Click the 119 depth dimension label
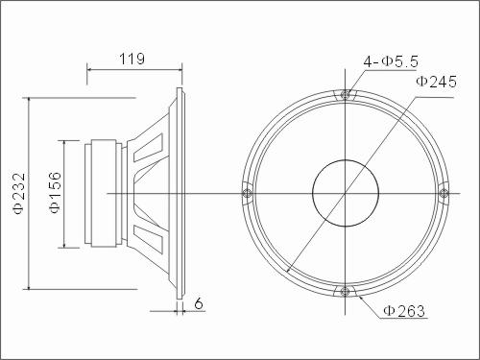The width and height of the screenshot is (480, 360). (x=132, y=59)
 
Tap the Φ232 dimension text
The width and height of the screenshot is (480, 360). (x=19, y=194)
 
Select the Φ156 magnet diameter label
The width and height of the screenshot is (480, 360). (x=55, y=192)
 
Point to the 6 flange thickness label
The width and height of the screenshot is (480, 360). (x=199, y=303)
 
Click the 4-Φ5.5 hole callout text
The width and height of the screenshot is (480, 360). (x=391, y=61)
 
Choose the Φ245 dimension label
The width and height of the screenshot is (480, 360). (x=436, y=82)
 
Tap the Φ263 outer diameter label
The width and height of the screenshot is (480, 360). (x=405, y=310)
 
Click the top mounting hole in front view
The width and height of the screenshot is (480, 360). (x=345, y=94)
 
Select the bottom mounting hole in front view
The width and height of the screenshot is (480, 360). (x=345, y=292)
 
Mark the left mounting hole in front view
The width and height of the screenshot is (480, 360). (x=247, y=193)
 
